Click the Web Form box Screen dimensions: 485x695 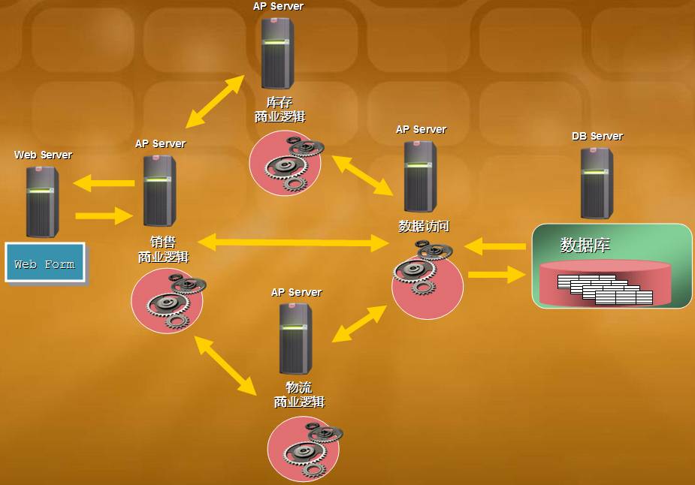(x=45, y=263)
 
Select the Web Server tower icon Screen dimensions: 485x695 (x=42, y=200)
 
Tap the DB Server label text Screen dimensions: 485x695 (x=597, y=137)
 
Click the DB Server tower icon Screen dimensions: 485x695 (x=597, y=182)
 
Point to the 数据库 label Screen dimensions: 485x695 (x=585, y=246)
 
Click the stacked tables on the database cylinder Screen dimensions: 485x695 (x=605, y=290)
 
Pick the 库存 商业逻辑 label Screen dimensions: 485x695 (x=280, y=110)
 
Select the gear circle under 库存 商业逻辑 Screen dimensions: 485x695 (x=286, y=164)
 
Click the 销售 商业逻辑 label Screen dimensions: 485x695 (x=163, y=250)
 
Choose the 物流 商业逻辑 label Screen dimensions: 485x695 (x=299, y=395)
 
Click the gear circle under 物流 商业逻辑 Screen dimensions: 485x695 (x=304, y=448)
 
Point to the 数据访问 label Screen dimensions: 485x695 (x=424, y=226)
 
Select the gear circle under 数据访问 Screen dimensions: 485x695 (x=427, y=278)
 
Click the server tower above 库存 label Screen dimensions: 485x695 (x=277, y=53)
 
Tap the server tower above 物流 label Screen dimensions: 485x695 (x=295, y=339)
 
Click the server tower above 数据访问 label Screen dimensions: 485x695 (x=420, y=176)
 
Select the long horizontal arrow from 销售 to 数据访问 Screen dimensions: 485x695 (x=292, y=242)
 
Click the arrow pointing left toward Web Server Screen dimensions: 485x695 (x=104, y=182)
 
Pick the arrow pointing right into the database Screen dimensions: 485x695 (x=496, y=275)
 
